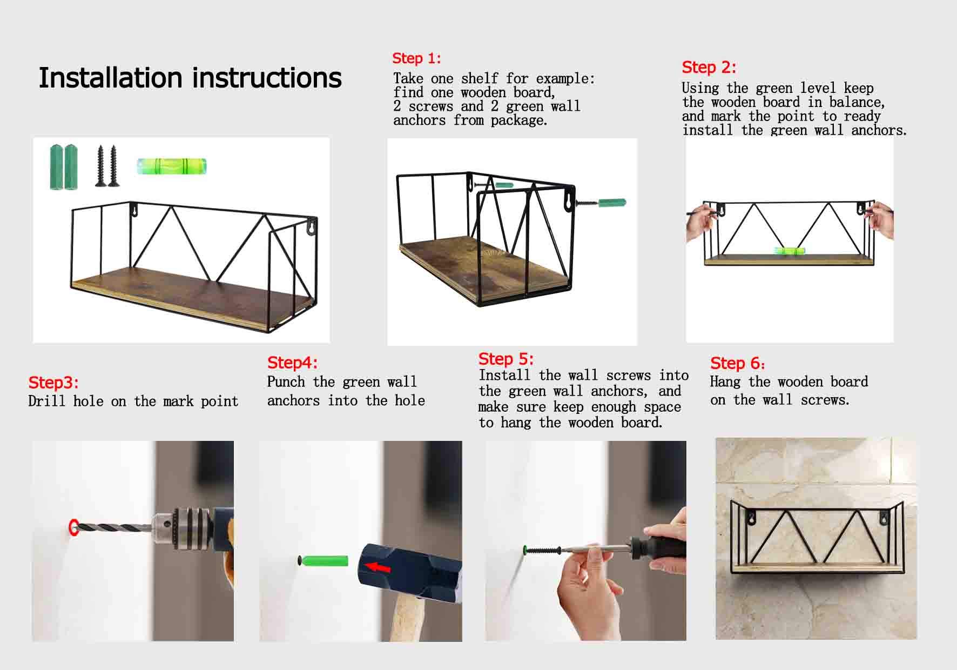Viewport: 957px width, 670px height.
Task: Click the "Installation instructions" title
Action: [x=190, y=78]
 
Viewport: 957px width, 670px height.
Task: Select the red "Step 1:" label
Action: [x=416, y=58]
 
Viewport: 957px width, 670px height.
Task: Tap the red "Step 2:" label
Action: [x=709, y=67]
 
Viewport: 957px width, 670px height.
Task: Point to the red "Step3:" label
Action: [x=53, y=383]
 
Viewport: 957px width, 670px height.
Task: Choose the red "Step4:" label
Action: [x=292, y=362]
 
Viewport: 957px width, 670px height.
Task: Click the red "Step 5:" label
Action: [x=506, y=359]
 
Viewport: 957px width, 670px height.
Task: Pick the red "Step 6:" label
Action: [x=737, y=363]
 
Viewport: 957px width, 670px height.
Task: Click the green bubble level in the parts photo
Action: [x=172, y=166]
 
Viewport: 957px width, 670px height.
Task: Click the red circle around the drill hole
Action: [x=73, y=527]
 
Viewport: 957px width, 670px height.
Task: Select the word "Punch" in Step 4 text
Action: [x=286, y=381]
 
